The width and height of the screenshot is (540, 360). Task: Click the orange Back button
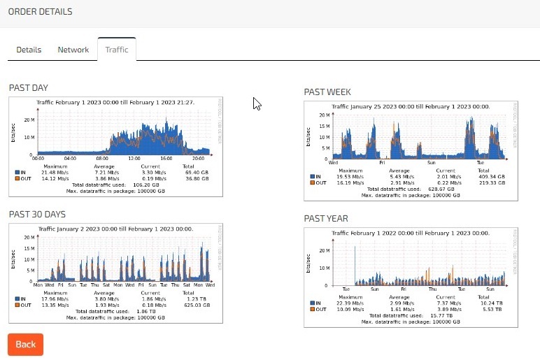(25, 344)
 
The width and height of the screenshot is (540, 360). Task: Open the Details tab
(29, 50)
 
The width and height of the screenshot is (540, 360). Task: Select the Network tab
(73, 50)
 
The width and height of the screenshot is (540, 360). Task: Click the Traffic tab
(117, 50)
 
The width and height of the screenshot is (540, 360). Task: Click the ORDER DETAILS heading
(40, 12)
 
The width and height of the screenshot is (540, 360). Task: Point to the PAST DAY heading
(29, 87)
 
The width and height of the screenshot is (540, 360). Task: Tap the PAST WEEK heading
(327, 92)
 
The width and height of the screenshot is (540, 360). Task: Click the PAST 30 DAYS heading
(36, 214)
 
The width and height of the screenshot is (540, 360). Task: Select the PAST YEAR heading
(326, 219)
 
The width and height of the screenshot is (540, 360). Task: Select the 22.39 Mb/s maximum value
(350, 302)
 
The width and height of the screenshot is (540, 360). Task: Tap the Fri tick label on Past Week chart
(382, 162)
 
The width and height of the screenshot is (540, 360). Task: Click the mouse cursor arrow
(257, 103)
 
